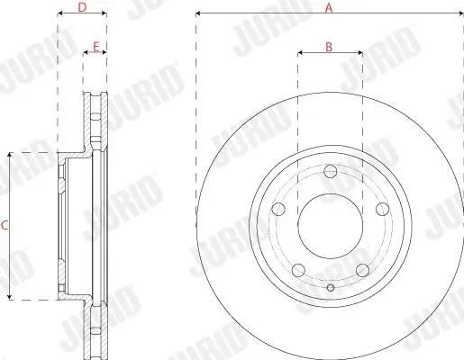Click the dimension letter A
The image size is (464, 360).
[330, 7]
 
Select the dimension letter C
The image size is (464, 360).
[5, 226]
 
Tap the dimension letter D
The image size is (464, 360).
[82, 7]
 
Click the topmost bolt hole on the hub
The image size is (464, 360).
[331, 172]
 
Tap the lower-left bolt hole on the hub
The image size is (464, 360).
[299, 267]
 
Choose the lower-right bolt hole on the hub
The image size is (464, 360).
[361, 267]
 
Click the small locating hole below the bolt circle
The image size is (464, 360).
[331, 288]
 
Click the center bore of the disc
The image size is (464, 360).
[331, 225]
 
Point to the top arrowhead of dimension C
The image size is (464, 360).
[11, 155]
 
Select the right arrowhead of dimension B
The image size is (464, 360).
[360, 53]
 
